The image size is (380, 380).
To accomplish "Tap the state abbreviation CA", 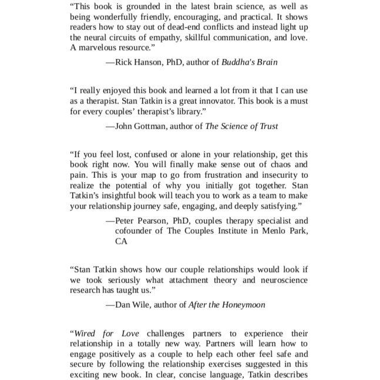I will click(122, 242).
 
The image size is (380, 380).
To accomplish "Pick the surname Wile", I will click(147, 305).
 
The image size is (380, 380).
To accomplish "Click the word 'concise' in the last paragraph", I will click(215, 375).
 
